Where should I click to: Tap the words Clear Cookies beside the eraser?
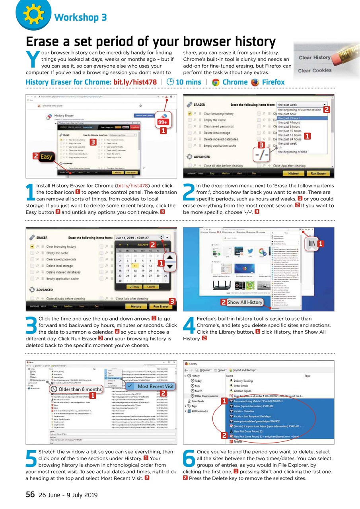(315, 70)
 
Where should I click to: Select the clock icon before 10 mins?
(169, 82)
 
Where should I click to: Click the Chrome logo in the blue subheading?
(216, 82)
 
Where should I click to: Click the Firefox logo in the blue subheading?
(255, 82)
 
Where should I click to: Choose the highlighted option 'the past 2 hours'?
(289, 118)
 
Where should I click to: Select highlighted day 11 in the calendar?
(136, 266)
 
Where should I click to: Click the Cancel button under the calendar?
(151, 287)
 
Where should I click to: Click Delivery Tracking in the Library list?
(243, 381)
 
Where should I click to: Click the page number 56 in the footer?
(30, 495)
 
